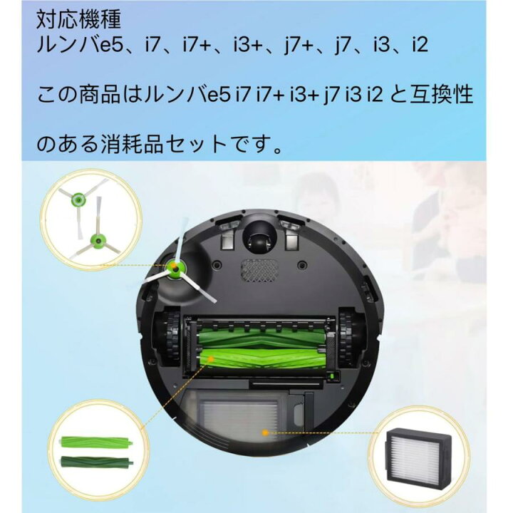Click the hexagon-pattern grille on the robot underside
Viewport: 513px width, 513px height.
coord(259,270)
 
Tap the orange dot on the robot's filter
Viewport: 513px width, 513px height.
coord(264,432)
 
